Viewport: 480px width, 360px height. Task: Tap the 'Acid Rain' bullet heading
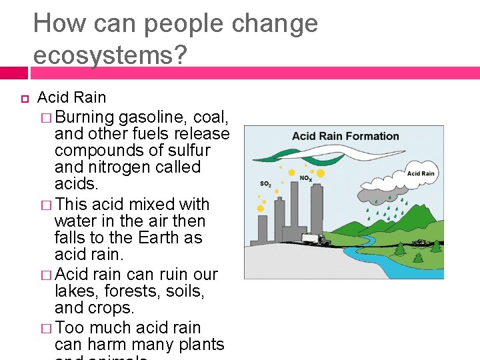tap(72, 97)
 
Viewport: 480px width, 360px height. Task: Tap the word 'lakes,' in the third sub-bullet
tap(76, 291)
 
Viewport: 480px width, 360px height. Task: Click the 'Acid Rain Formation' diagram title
tap(345, 137)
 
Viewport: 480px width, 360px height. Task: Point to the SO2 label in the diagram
tap(265, 184)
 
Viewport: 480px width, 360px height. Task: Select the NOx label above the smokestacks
tap(306, 178)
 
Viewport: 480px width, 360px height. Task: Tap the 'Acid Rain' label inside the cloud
tap(421, 173)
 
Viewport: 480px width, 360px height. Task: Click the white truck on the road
tap(313, 239)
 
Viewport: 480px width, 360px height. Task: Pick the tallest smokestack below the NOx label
tap(316, 213)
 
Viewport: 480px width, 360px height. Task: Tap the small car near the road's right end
tap(421, 242)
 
